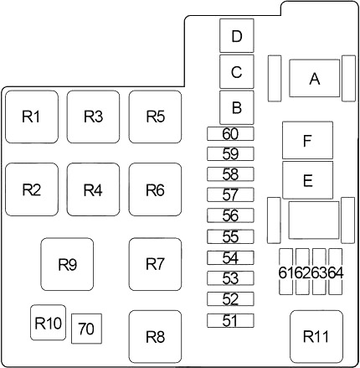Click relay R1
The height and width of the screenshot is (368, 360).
tap(32, 117)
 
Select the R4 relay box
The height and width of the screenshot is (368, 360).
tap(93, 189)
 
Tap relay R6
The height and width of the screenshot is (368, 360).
tap(155, 189)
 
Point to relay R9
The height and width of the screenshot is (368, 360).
tap(67, 264)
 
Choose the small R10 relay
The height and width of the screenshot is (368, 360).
tap(48, 323)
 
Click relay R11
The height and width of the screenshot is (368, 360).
tap(316, 336)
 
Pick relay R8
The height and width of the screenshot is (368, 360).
tap(155, 336)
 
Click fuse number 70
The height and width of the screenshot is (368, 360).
tap(86, 329)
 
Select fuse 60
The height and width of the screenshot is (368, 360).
tap(230, 133)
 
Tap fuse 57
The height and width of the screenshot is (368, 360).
tap(230, 194)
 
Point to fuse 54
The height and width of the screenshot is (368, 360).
tap(230, 257)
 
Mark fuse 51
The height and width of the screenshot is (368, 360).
tap(230, 320)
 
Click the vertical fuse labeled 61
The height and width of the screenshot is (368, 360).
tap(286, 272)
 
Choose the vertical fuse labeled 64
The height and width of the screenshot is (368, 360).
tap(336, 272)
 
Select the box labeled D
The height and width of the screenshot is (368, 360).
tap(237, 35)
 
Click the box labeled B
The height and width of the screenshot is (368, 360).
tap(237, 107)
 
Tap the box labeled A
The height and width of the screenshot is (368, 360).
tap(315, 78)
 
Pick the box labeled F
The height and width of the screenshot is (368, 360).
tap(307, 140)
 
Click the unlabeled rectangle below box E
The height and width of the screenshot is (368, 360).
tap(314, 220)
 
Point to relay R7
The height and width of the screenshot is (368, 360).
tap(155, 264)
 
